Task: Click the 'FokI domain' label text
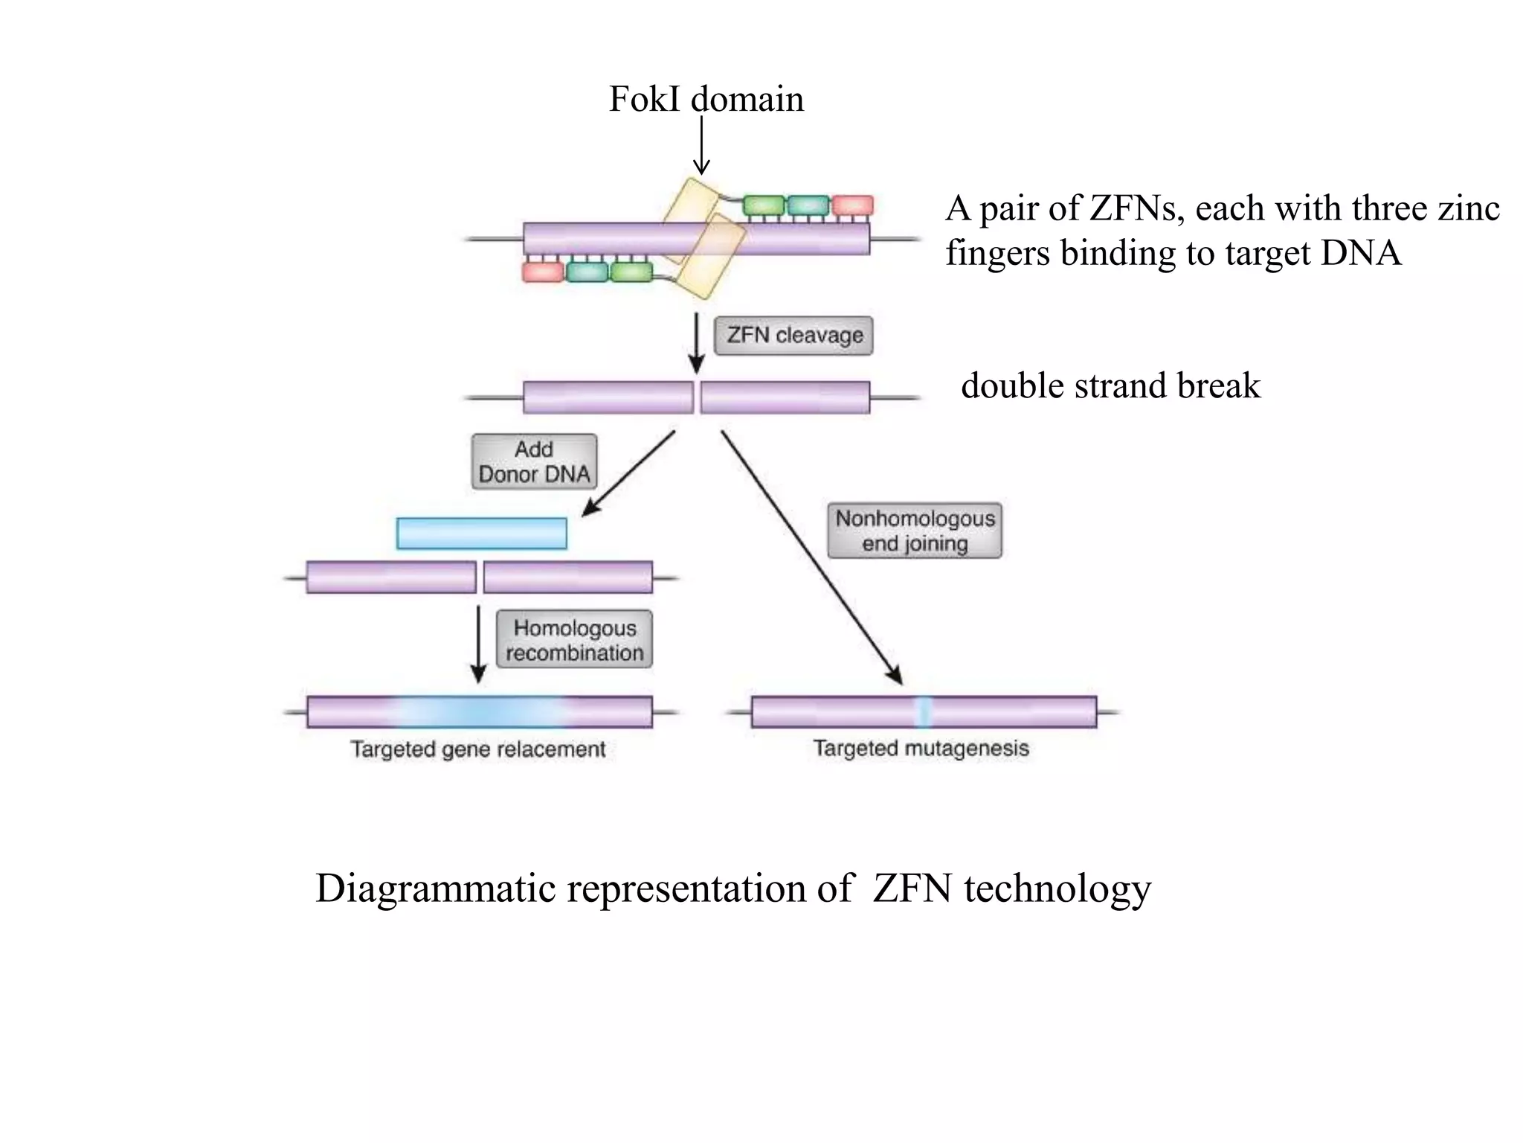point(706,99)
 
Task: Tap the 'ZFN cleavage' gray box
point(793,336)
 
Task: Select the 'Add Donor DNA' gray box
point(534,462)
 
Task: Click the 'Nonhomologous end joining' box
point(915,531)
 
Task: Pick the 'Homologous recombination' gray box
point(574,640)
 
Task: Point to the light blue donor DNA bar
point(482,534)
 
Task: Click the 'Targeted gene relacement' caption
point(478,749)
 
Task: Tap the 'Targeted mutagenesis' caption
point(921,748)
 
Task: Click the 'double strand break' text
point(1110,385)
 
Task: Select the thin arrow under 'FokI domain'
point(701,145)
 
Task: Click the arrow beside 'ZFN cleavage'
point(696,343)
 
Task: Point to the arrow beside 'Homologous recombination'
point(479,644)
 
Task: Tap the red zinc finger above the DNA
point(852,205)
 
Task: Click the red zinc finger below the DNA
point(543,272)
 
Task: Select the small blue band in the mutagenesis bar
point(922,711)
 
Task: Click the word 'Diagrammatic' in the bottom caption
point(435,889)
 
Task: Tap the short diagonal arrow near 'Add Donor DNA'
point(628,474)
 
